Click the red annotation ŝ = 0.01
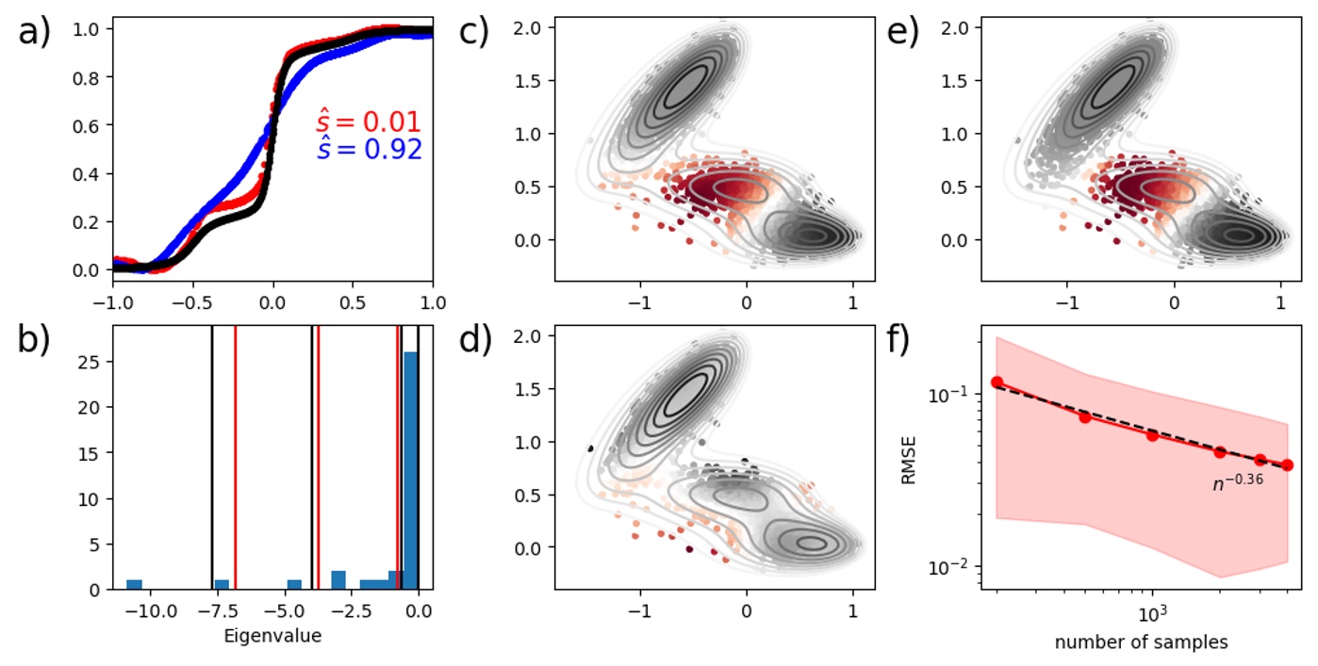[x=368, y=122]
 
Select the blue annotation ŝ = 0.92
[x=368, y=150]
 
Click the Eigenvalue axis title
[x=272, y=636]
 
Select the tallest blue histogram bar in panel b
[x=411, y=470]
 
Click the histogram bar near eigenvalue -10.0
[x=135, y=584]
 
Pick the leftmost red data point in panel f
[x=997, y=382]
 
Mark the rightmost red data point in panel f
[x=1287, y=465]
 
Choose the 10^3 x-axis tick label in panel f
[x=1151, y=614]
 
